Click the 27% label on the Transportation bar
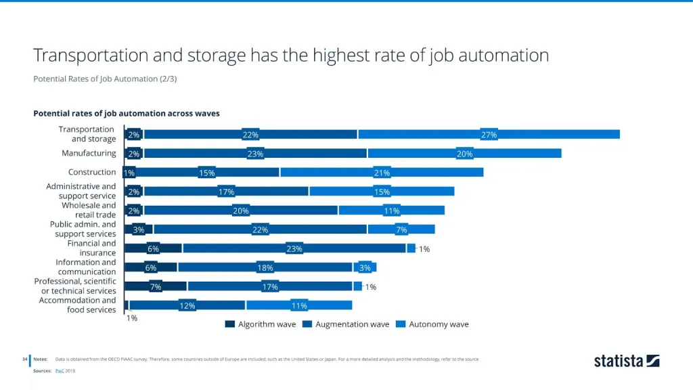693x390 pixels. (489, 135)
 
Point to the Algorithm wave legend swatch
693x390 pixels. (230, 324)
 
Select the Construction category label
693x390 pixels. (92, 173)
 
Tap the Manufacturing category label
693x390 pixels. (89, 154)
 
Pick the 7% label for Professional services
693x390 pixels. (156, 287)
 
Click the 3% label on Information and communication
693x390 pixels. (365, 268)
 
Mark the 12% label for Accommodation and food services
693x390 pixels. (187, 306)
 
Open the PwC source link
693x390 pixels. (60, 371)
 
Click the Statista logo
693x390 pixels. (626, 361)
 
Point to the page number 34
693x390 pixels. (24, 359)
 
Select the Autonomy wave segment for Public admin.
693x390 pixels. (401, 230)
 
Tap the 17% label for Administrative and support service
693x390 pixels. (226, 192)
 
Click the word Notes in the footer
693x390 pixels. (41, 359)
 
